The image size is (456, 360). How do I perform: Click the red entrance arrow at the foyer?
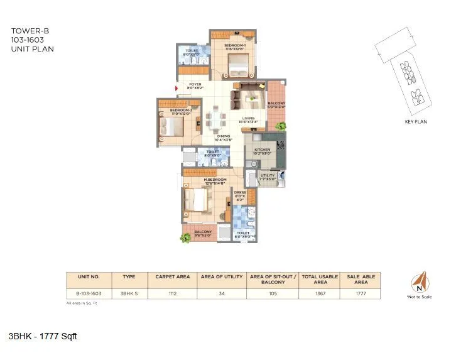178,88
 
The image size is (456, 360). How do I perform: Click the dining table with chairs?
217,119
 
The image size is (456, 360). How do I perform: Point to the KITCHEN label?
262,150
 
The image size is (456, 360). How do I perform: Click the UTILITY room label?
268,176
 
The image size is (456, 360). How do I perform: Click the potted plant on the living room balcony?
280,126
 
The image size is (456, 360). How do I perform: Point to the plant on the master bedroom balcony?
186,237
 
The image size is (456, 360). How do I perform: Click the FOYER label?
195,84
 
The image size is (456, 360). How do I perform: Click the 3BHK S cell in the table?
129,292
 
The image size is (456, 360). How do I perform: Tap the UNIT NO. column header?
89,276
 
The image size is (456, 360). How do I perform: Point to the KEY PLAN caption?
416,122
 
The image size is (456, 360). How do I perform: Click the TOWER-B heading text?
25,30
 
